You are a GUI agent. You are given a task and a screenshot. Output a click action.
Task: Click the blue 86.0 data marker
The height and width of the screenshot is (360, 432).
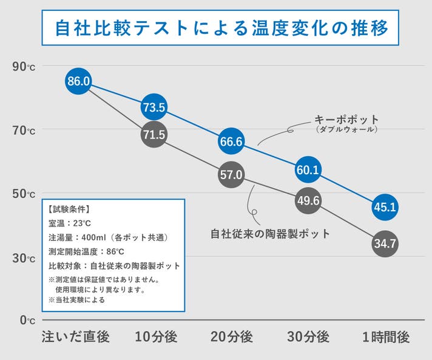click(78, 81)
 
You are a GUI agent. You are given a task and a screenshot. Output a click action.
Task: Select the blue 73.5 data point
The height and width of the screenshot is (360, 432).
click(154, 107)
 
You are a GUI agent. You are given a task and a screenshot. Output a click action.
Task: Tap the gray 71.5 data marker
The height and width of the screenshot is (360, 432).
click(154, 135)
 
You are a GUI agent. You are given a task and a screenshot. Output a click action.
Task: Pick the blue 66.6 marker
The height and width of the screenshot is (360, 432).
click(231, 141)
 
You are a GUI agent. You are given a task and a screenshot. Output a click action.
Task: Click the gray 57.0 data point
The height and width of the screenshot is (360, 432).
click(231, 175)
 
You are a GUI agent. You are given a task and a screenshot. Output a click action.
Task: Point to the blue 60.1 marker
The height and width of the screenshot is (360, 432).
click(308, 170)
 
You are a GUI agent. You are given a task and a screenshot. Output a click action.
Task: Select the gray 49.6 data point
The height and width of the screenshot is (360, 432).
click(308, 200)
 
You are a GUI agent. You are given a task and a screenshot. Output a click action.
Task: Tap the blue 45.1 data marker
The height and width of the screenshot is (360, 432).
click(385, 207)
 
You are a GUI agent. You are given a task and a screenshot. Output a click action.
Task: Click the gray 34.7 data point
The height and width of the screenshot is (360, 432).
click(385, 244)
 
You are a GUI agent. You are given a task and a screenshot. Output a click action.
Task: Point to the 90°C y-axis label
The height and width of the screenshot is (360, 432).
click(24, 66)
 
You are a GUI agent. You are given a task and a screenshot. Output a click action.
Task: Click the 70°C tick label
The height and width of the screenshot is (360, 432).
click(24, 130)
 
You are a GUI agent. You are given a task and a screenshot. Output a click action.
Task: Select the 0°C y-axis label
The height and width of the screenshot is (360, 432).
click(27, 319)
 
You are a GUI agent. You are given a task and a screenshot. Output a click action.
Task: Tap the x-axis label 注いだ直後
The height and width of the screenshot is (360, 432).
click(75, 336)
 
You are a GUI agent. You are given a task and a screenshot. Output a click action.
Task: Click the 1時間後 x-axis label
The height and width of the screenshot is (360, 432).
click(385, 336)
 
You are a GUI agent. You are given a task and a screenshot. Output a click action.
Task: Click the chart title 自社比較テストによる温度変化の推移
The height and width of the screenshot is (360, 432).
click(216, 28)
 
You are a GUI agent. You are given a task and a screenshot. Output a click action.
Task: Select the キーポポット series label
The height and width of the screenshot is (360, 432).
click(346, 119)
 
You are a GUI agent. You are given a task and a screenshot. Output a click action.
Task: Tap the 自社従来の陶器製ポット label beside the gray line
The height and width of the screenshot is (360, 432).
click(270, 233)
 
